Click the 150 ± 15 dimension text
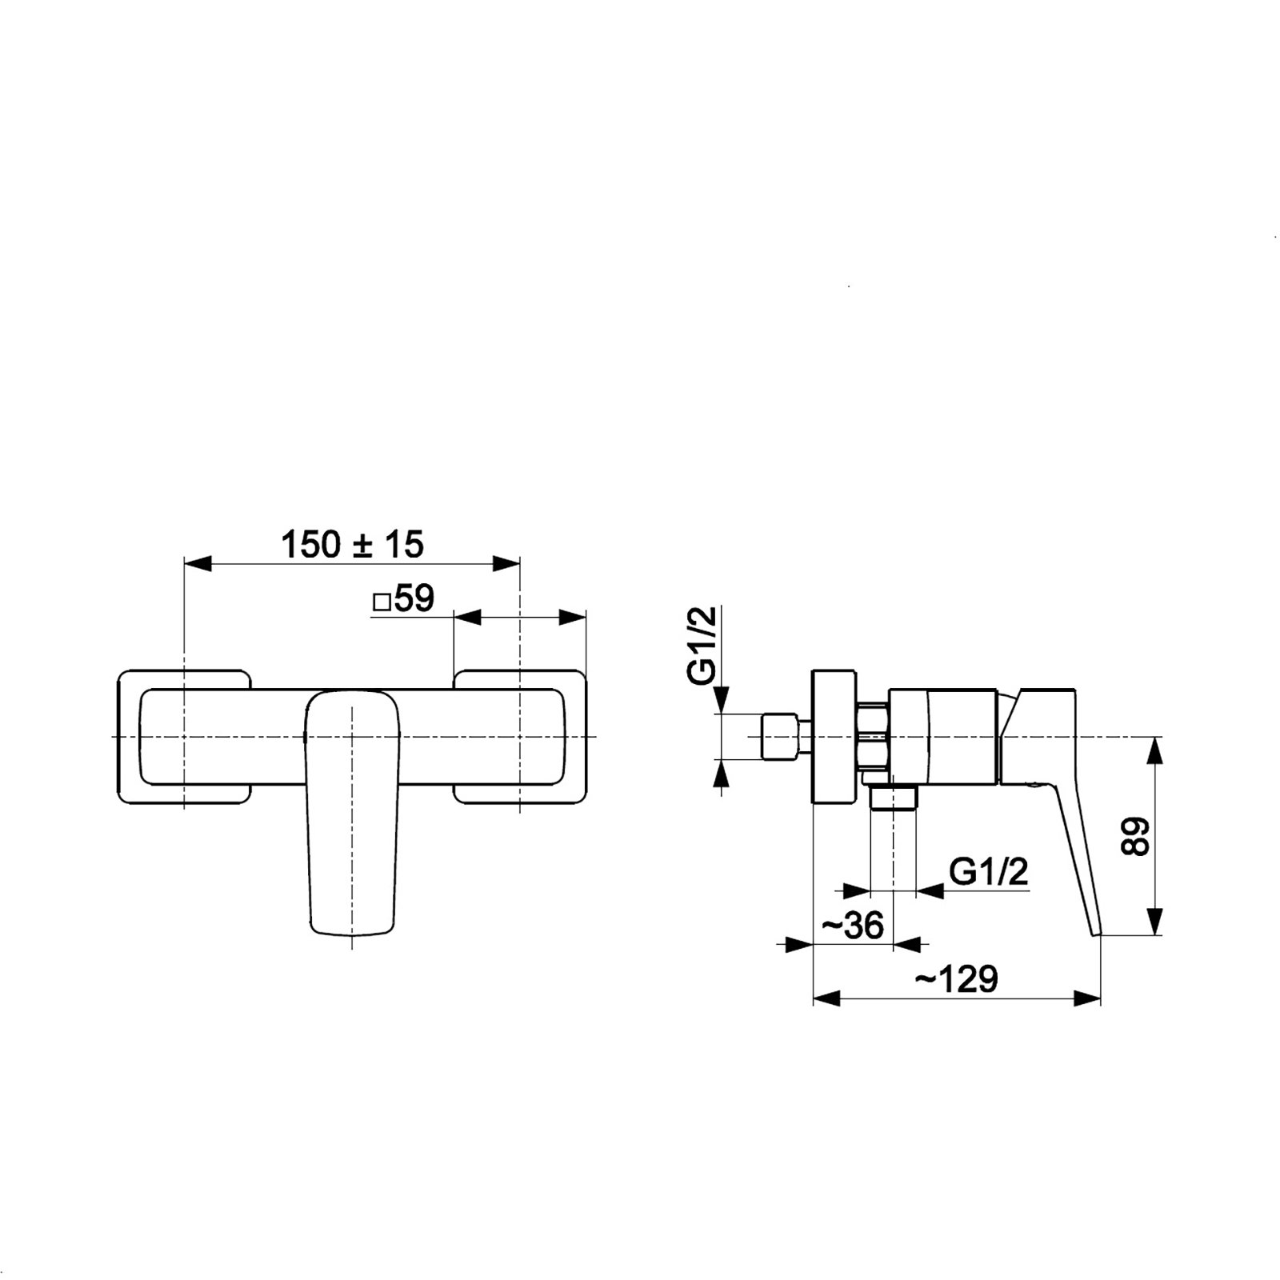click(352, 545)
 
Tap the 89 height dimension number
click(1134, 837)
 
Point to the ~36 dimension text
click(853, 926)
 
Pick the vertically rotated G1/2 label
click(702, 646)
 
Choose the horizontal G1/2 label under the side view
click(988, 872)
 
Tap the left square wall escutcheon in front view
click(185, 736)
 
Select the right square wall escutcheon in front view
click(520, 736)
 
